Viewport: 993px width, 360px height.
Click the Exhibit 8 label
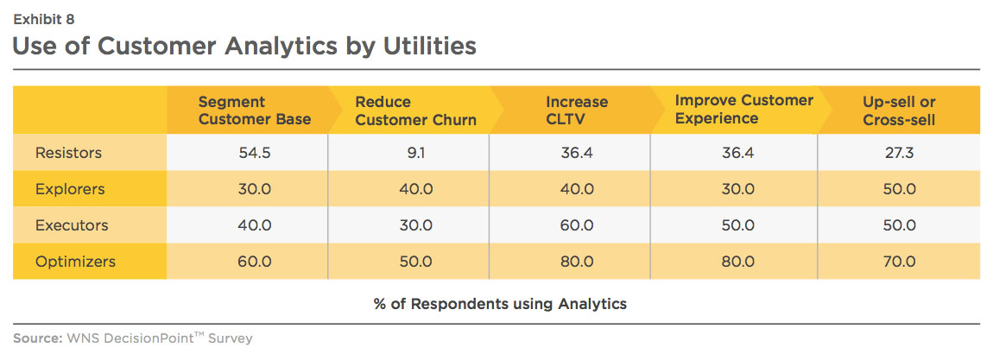point(44,20)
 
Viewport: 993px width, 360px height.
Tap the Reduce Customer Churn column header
point(415,111)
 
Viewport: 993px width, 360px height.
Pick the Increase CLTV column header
point(577,111)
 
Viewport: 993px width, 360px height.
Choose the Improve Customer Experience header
point(744,109)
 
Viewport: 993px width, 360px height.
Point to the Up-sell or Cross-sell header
point(899,111)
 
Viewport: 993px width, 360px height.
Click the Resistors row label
point(68,153)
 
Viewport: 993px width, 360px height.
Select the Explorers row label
point(70,188)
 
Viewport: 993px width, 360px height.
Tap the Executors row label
point(72,225)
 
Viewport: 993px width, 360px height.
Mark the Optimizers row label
point(75,262)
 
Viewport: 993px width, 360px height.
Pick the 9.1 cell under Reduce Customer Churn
point(414,153)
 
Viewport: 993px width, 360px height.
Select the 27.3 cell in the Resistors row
point(899,153)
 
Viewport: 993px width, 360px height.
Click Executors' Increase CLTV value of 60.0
point(576,225)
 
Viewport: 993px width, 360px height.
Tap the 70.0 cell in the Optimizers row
point(899,262)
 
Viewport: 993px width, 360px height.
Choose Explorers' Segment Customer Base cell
point(254,188)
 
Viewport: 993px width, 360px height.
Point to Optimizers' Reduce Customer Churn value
point(415,262)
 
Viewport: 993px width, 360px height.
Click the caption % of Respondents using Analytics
point(500,304)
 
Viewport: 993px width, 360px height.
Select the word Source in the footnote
point(36,338)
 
